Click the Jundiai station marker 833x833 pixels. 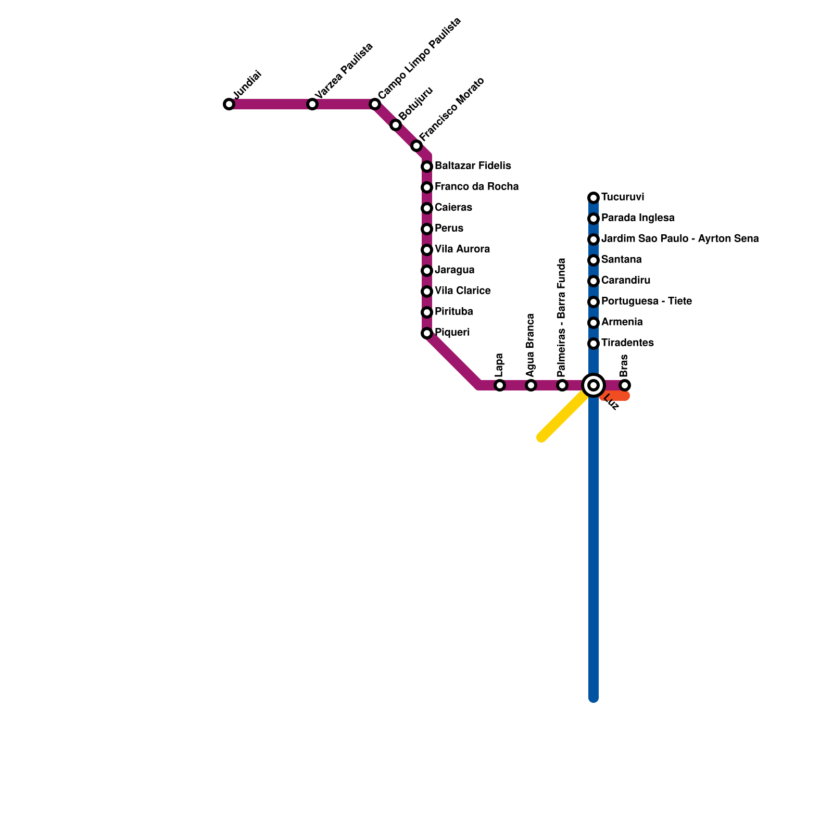229,104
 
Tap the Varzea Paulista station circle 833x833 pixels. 312,104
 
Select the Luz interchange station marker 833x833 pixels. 594,385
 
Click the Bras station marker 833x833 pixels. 625,385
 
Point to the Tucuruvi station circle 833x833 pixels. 594,198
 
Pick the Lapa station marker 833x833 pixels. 500,385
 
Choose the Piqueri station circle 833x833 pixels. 427,333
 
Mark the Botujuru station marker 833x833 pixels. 396,125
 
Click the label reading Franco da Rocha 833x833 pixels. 476,186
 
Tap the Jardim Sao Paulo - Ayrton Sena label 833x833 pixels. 679,238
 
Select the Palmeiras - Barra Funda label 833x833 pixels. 561,318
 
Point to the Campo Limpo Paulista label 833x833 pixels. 420,58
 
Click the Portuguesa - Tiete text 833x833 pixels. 646,301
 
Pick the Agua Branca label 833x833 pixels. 530,345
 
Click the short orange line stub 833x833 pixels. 617,397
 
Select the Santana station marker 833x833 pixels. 594,260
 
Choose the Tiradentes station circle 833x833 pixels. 594,344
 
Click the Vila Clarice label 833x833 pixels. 462,291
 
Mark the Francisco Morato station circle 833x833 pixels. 416,146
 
